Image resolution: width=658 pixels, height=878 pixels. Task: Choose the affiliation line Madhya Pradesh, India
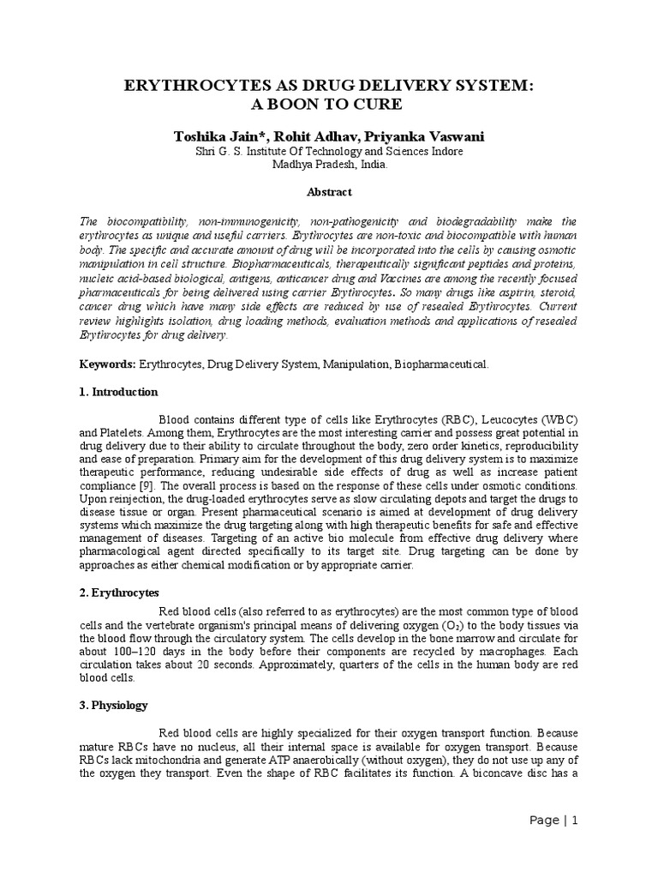[x=329, y=165]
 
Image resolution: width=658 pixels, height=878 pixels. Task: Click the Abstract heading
[x=329, y=192]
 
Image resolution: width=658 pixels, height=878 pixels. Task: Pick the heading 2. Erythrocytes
[x=117, y=592]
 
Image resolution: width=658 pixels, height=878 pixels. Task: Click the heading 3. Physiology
[x=114, y=706]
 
